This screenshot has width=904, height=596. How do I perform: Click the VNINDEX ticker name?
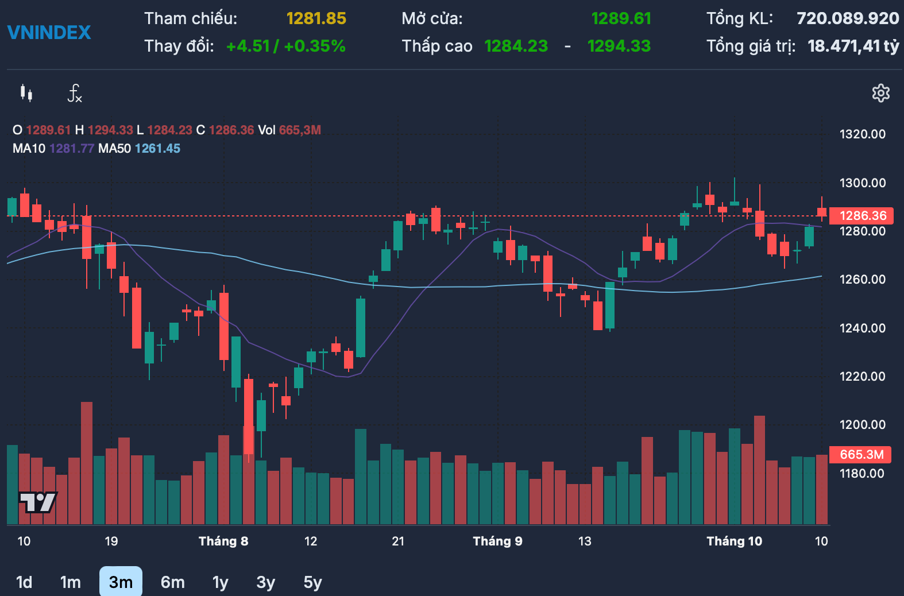[x=49, y=32]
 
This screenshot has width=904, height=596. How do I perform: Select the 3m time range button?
[x=121, y=582]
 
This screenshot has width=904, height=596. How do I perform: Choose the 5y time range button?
[x=312, y=582]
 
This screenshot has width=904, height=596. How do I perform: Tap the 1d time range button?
[x=24, y=582]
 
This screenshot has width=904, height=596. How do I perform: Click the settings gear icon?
[x=880, y=93]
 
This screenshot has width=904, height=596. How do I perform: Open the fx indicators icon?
[x=75, y=93]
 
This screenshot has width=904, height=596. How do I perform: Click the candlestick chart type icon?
[x=26, y=93]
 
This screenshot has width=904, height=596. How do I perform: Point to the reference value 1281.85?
[x=316, y=19]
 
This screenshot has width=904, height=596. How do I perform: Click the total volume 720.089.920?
[x=848, y=19]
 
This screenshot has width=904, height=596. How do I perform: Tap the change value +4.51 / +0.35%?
[x=286, y=46]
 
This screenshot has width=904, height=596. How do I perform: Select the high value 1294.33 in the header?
[x=619, y=46]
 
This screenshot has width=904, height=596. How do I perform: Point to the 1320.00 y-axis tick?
[x=862, y=134]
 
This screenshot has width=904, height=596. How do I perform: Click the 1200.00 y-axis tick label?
[x=862, y=425]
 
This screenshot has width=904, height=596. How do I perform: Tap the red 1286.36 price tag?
[x=862, y=216]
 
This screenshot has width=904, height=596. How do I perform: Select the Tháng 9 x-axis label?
[x=497, y=541]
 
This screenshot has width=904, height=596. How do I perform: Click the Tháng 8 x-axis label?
[x=223, y=541]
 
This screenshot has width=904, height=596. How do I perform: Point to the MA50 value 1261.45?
[x=157, y=149]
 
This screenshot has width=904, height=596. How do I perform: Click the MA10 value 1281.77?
[x=72, y=149]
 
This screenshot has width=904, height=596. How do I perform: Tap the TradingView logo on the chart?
[x=38, y=502]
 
